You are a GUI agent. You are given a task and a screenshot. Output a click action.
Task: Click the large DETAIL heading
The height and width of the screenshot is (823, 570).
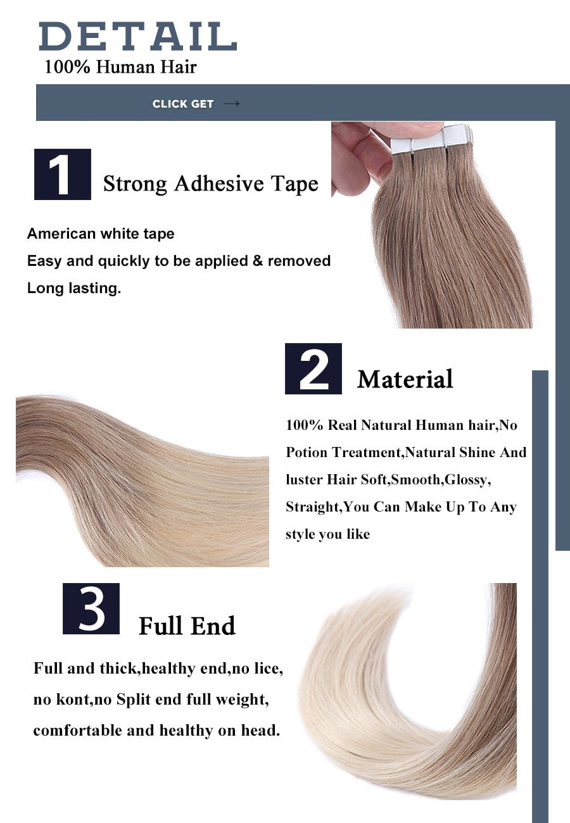pyautogui.click(x=137, y=36)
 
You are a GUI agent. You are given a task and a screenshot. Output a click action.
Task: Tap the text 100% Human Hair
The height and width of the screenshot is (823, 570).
pyautogui.click(x=120, y=66)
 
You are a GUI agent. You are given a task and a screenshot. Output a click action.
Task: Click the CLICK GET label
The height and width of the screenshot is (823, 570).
pyautogui.click(x=182, y=104)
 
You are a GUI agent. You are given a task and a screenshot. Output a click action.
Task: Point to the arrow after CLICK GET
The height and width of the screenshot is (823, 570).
pyautogui.click(x=232, y=103)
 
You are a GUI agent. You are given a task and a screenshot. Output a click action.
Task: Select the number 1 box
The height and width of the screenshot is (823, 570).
pyautogui.click(x=62, y=174)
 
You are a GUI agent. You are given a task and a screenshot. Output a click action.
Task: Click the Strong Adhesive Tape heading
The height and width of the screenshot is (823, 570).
pyautogui.click(x=210, y=184)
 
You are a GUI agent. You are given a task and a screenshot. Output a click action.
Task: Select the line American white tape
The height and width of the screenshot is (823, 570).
pyautogui.click(x=101, y=234)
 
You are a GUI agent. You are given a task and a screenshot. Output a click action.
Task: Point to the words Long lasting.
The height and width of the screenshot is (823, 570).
pyautogui.click(x=73, y=288)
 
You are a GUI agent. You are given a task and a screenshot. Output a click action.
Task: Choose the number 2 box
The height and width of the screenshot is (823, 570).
pyautogui.click(x=313, y=368)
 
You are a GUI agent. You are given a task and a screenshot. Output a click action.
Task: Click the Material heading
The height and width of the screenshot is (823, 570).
pyautogui.click(x=405, y=379)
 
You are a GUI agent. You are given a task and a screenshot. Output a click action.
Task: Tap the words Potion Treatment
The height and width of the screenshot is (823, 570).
pyautogui.click(x=343, y=452)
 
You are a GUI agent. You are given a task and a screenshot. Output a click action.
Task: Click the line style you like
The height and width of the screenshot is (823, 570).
pyautogui.click(x=327, y=534)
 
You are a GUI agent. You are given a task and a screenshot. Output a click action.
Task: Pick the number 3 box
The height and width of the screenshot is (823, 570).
pyautogui.click(x=91, y=608)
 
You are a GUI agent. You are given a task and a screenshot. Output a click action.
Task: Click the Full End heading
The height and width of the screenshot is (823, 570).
pyautogui.click(x=187, y=626)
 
